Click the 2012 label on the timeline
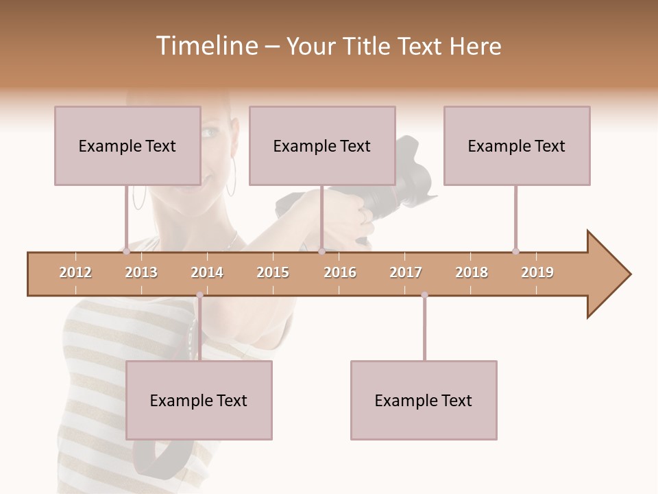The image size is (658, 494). point(75,273)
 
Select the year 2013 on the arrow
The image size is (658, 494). point(141,273)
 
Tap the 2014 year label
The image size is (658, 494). point(207,273)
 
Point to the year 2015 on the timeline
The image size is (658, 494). point(273,273)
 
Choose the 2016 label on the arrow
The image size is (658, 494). point(340,273)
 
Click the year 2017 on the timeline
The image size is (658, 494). point(406,273)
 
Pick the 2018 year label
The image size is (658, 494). point(472,273)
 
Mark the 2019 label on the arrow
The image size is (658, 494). point(537,273)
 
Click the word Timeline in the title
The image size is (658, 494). point(206,46)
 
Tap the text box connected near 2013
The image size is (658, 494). point(127,145)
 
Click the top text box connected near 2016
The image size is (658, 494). point(322,145)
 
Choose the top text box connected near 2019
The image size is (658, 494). point(517,145)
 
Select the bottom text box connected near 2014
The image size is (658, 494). point(199,400)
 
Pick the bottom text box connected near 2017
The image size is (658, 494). point(424,400)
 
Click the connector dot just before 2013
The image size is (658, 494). point(126,251)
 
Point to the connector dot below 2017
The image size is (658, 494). point(424,295)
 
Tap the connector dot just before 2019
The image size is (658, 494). point(515,251)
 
